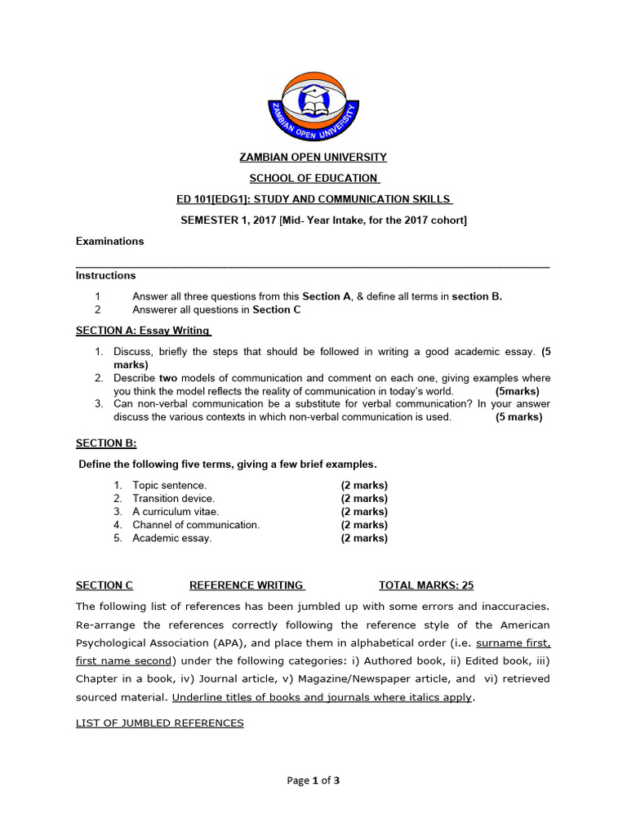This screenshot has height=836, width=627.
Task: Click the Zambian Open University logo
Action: pos(313,105)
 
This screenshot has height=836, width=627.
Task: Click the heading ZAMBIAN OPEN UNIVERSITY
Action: pos(313,158)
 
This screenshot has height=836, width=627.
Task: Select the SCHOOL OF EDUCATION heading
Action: pos(313,179)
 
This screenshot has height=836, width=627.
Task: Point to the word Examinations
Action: pos(109,242)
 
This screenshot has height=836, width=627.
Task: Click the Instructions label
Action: pos(105,276)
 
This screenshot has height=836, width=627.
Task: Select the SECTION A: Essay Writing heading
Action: pos(143,331)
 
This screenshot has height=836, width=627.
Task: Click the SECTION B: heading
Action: pos(106,443)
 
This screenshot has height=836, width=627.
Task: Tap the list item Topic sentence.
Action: pos(169,486)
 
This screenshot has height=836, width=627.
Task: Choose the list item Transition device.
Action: pos(173,499)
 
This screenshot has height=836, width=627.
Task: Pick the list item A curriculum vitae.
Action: pos(176,512)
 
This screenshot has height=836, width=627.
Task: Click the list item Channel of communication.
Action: pos(196,525)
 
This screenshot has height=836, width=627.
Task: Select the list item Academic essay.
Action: pos(171,538)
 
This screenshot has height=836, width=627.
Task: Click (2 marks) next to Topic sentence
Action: pos(364,486)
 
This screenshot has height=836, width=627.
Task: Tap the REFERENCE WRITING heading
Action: pos(247,585)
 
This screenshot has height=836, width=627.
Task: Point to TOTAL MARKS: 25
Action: pos(426,585)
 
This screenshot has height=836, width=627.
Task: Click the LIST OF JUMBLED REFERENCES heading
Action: pos(159,723)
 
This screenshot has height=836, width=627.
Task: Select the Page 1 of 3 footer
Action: pos(313,780)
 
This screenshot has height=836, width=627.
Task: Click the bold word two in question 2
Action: pos(167,378)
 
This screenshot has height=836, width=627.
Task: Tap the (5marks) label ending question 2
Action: pos(518,391)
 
